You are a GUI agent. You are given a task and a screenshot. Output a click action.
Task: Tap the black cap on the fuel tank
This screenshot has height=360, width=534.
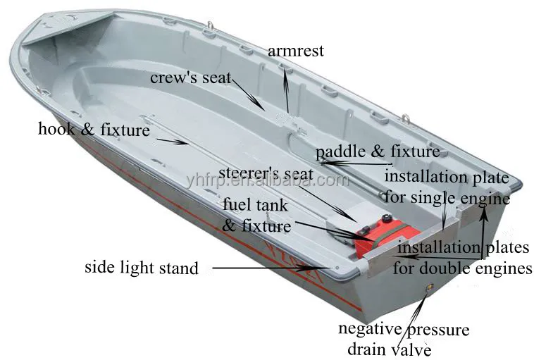point(386,218)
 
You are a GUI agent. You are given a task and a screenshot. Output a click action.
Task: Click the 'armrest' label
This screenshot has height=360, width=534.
point(296,51)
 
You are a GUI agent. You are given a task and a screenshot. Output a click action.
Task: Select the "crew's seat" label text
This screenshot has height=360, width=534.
point(191,77)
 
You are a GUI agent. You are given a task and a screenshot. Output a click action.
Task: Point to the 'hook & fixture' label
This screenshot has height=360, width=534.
point(94,130)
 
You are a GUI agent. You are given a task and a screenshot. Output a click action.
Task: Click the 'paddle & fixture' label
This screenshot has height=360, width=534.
point(378,152)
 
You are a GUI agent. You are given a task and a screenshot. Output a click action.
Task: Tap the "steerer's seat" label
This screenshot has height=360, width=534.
point(266,173)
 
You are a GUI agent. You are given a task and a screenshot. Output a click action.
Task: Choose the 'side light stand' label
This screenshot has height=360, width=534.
point(142,268)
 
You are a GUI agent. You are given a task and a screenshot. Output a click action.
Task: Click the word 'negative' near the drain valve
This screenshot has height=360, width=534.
point(370,329)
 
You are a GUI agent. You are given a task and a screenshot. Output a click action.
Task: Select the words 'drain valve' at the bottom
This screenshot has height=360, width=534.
point(390,349)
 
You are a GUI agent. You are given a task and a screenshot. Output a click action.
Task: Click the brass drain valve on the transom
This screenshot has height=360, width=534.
point(430,287)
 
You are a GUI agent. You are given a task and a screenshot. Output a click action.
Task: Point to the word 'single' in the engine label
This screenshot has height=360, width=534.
point(433,198)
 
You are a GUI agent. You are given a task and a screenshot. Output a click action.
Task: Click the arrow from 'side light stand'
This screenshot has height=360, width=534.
point(272,268)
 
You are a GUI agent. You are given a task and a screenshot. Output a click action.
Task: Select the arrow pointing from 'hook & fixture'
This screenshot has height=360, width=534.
point(173,142)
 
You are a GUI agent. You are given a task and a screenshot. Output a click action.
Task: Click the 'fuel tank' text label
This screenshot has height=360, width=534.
point(256,205)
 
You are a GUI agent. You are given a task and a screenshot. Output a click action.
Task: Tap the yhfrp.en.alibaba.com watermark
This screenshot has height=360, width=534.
point(268,180)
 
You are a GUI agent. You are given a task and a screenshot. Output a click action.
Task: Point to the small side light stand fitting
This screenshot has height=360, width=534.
point(337,268)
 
